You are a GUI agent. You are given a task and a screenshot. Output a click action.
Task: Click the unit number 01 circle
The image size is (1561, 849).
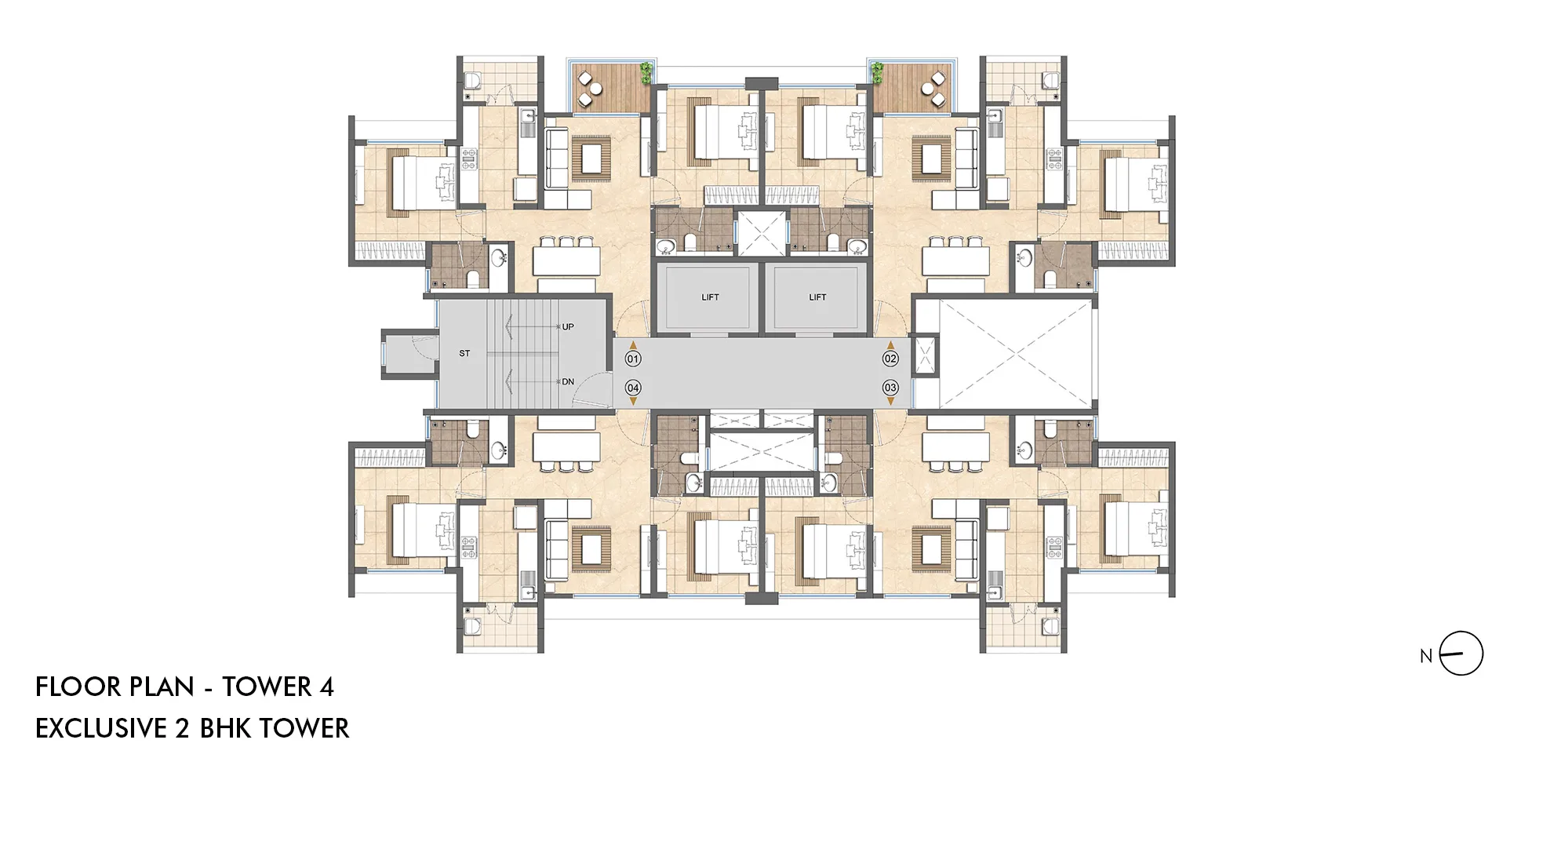click(x=633, y=359)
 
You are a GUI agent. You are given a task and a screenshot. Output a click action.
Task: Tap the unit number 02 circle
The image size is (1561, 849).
click(x=890, y=359)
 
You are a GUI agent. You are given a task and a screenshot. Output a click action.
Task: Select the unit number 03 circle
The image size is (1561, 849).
click(x=890, y=388)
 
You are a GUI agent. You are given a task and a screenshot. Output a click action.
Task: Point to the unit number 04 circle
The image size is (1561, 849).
click(x=633, y=388)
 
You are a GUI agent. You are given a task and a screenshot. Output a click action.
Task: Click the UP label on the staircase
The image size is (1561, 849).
click(x=568, y=326)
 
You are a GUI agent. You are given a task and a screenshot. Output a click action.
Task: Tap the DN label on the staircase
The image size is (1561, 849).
click(x=568, y=382)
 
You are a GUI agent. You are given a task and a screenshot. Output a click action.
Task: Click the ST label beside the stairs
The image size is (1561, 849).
click(x=464, y=354)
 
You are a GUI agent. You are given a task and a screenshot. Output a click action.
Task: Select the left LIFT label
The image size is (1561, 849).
click(x=710, y=297)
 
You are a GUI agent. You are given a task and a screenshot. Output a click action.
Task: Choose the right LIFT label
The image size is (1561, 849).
click(x=817, y=297)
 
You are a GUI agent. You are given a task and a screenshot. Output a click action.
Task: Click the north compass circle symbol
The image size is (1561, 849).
click(x=1461, y=654)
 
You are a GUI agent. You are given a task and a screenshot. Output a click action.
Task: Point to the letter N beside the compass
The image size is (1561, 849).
click(x=1426, y=656)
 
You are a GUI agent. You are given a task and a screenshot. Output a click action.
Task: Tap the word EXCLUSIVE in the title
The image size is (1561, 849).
click(x=101, y=729)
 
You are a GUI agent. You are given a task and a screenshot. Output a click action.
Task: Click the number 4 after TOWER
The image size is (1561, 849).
click(x=327, y=687)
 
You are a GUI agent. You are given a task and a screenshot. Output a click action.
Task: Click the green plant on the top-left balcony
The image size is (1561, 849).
click(x=646, y=73)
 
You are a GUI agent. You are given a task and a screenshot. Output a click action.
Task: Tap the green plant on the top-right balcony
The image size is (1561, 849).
click(x=877, y=73)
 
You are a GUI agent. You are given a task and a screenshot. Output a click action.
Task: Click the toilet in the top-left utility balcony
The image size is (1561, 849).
click(x=473, y=80)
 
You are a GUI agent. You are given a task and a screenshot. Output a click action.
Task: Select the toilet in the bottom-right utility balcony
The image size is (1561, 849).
click(x=1050, y=626)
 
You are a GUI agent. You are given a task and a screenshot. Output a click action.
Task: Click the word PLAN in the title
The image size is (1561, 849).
click(x=161, y=687)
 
